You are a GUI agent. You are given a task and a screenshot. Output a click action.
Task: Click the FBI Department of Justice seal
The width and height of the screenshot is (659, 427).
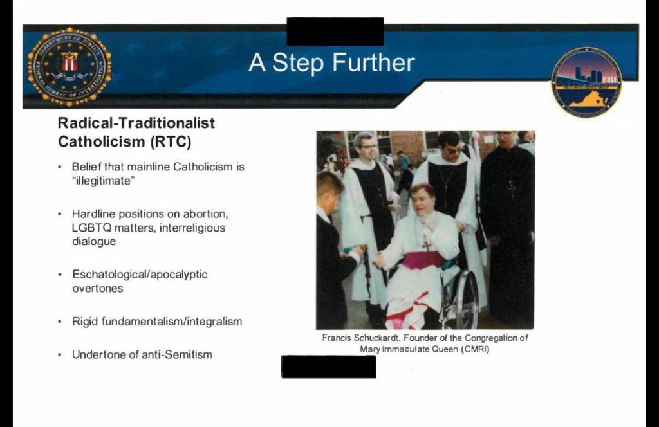(x=70, y=66)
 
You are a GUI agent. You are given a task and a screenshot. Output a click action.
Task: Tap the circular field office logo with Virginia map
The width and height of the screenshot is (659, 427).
(x=586, y=82)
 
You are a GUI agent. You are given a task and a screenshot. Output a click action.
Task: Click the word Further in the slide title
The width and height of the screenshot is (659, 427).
(x=374, y=63)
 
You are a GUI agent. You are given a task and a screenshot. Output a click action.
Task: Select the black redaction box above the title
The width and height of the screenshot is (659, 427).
(x=335, y=32)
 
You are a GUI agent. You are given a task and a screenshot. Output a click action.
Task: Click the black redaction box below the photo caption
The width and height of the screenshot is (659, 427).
(x=329, y=367)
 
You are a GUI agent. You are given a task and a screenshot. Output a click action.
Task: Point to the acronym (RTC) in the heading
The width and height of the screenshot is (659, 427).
(x=171, y=142)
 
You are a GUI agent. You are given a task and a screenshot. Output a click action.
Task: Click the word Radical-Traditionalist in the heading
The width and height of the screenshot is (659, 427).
(x=136, y=123)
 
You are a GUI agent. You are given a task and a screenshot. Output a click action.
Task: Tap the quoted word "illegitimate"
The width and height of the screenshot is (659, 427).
(x=104, y=181)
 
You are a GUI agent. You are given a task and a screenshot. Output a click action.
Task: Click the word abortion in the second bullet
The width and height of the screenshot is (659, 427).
(x=205, y=214)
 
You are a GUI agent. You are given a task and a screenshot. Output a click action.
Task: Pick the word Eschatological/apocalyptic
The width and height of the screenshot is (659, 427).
(x=140, y=275)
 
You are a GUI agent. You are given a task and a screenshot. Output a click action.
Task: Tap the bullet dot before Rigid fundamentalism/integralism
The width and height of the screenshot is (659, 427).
(x=60, y=322)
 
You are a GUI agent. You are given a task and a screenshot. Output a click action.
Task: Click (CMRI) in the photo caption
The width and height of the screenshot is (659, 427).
(x=475, y=349)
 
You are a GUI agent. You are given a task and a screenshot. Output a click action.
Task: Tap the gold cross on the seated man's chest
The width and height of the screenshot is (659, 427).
(x=427, y=242)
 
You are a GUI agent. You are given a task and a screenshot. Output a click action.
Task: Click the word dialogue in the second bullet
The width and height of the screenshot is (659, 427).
(x=94, y=242)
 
